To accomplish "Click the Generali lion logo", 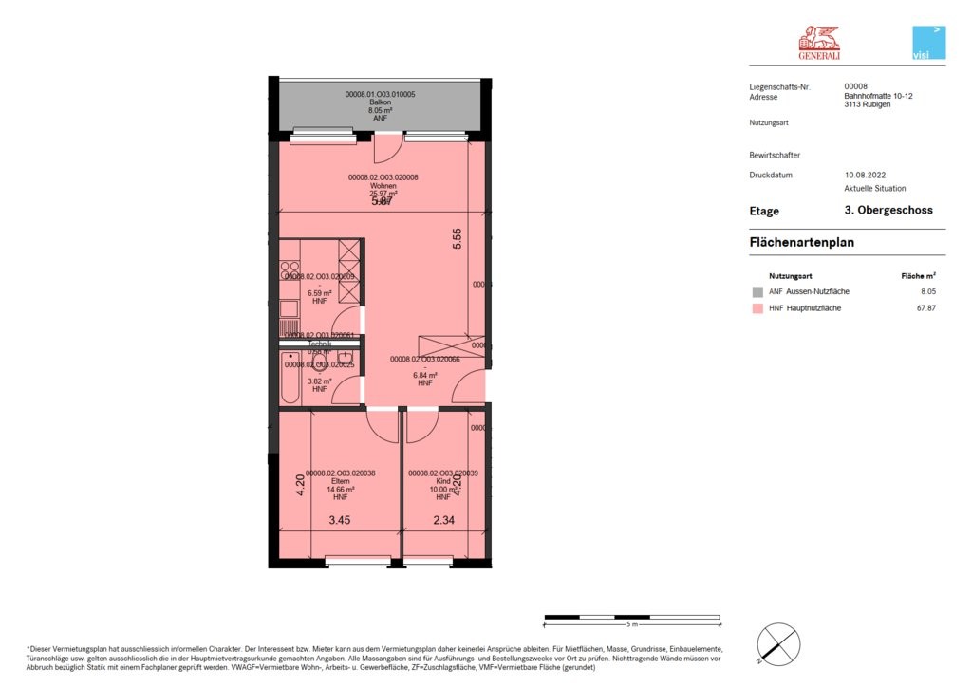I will (x=818, y=43).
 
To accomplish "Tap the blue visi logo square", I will (x=928, y=44).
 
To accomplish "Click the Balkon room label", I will (x=379, y=102).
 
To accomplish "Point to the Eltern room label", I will (x=340, y=482).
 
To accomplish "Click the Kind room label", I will (x=442, y=482).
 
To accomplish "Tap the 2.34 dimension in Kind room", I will (x=445, y=520).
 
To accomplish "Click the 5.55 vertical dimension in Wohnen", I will (x=458, y=238).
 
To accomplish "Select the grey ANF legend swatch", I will (x=757, y=291).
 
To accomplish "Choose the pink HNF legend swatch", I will (x=757, y=308).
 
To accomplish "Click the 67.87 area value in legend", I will (x=925, y=308).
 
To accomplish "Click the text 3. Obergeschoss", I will (x=888, y=211).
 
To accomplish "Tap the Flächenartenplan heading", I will (x=802, y=243).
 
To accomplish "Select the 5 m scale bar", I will (x=631, y=618).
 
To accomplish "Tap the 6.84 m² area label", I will (x=424, y=375).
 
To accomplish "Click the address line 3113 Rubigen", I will (x=866, y=104).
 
